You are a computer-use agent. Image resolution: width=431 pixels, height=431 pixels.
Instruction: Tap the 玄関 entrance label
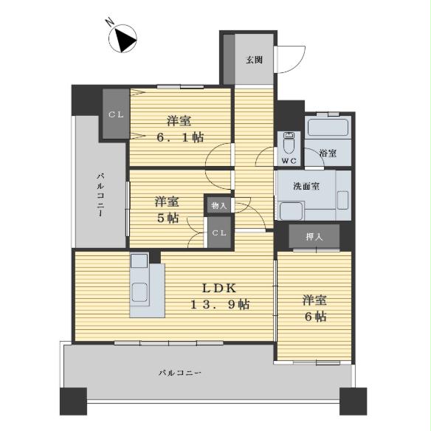click(x=254, y=60)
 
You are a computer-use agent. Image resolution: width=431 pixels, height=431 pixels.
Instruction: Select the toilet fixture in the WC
click(x=287, y=141)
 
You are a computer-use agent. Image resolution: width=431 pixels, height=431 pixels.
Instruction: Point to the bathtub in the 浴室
click(x=328, y=128)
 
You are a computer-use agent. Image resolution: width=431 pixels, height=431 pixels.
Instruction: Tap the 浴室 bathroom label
click(x=328, y=154)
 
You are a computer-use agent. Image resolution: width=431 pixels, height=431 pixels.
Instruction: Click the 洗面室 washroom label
click(x=306, y=186)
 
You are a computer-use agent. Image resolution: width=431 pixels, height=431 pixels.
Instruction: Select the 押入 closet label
click(x=314, y=236)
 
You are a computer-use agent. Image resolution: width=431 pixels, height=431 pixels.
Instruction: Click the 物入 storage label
click(x=218, y=206)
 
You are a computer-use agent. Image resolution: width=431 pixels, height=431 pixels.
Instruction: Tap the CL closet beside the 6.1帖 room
click(x=116, y=114)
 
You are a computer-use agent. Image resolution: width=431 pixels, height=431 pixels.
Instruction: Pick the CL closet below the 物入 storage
click(x=219, y=232)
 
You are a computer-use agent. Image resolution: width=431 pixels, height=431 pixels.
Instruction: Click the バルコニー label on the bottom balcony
click(x=180, y=373)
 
